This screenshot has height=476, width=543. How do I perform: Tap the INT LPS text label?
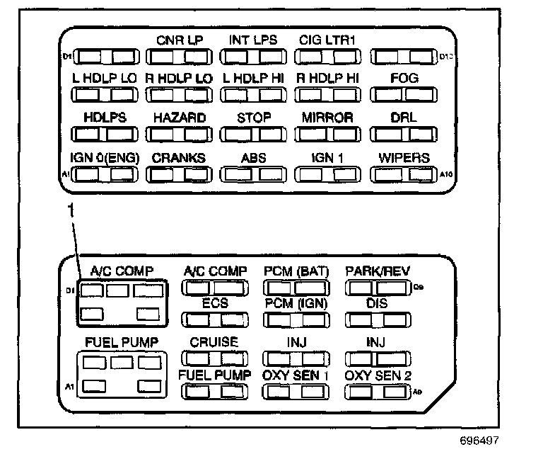(253, 40)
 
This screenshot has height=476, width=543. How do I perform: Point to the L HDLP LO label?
(104, 79)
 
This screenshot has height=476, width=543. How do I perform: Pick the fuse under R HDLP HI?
(327, 94)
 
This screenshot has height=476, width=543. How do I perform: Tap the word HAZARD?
(180, 118)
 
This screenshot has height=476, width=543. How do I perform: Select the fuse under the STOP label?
(253, 134)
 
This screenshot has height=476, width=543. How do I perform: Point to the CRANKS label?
(180, 158)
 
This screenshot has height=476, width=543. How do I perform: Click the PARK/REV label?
(378, 271)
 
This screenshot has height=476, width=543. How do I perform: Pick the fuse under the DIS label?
(378, 319)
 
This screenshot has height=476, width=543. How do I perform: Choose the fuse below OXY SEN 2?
(378, 392)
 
